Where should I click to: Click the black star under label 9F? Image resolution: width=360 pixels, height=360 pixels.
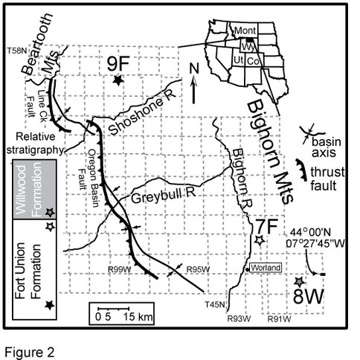click(x=118, y=80)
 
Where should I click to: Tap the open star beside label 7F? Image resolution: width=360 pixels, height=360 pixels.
click(x=260, y=240)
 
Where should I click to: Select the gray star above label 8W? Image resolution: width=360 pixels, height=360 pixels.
click(x=300, y=282)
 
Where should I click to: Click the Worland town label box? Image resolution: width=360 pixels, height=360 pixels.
click(x=266, y=268)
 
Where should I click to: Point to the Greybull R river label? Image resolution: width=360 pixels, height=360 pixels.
click(x=164, y=196)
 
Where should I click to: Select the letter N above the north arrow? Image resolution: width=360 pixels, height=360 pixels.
click(x=194, y=68)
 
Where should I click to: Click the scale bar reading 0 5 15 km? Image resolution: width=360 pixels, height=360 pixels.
click(x=121, y=313)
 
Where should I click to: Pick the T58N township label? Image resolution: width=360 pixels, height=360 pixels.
click(x=16, y=51)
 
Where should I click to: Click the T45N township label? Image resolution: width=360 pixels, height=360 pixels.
click(x=215, y=304)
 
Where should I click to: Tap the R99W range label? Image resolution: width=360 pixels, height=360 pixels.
click(x=119, y=269)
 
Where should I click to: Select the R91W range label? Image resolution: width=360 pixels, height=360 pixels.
click(x=279, y=319)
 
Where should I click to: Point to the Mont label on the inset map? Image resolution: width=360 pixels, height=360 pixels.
click(x=245, y=30)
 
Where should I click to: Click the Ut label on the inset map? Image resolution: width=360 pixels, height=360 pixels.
click(x=238, y=60)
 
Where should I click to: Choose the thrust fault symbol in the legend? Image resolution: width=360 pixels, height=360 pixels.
click(x=302, y=170)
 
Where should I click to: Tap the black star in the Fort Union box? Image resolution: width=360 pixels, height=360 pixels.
click(x=50, y=305)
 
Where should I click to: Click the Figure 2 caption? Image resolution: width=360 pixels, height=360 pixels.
click(x=29, y=352)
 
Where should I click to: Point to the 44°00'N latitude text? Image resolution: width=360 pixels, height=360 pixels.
click(x=310, y=232)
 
